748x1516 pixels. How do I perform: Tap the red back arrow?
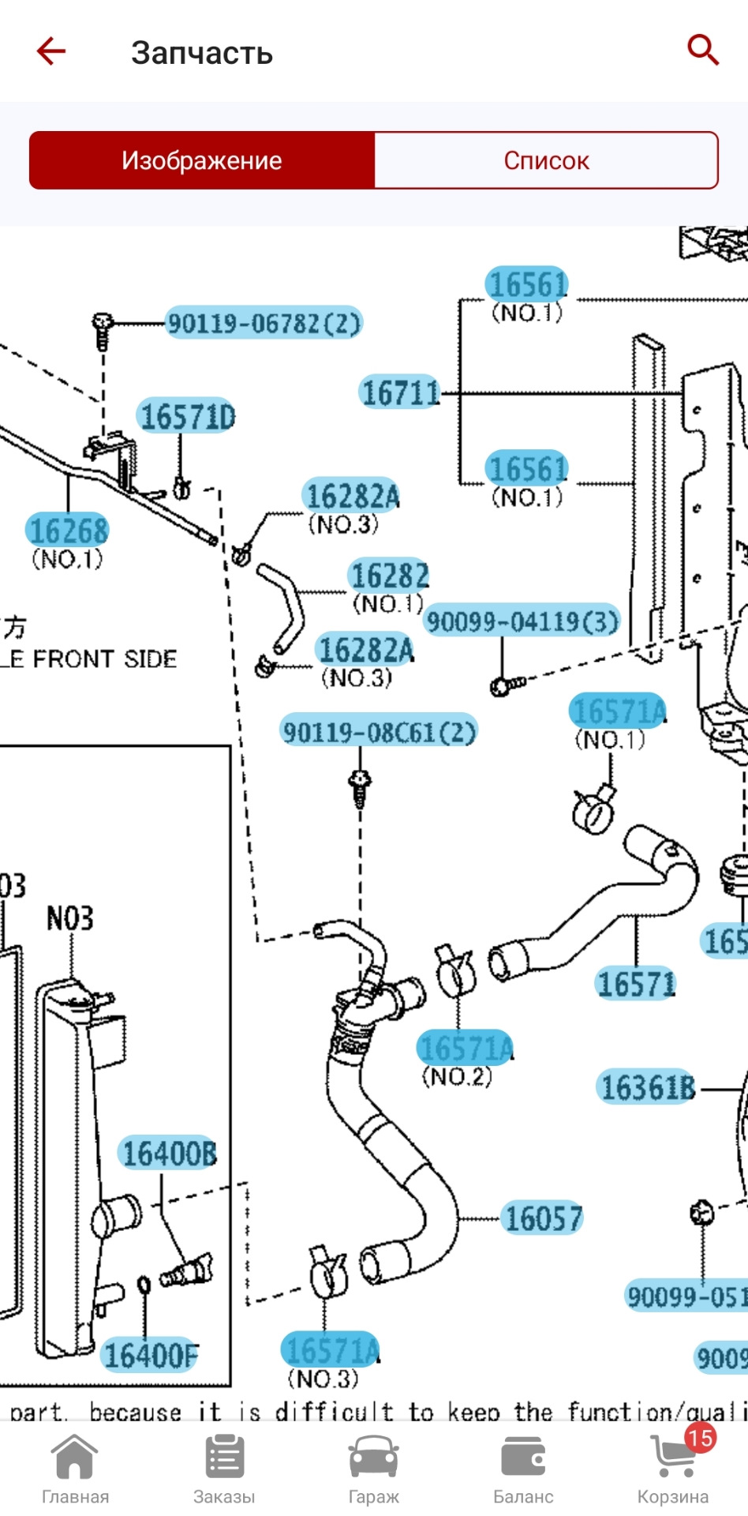point(51,51)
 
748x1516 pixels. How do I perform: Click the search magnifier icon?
point(702,50)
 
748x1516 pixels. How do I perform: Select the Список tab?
point(546,160)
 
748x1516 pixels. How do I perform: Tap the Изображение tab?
point(202,160)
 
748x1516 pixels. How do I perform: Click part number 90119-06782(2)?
point(264,323)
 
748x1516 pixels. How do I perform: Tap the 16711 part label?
point(400,392)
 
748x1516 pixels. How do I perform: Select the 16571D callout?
point(187,416)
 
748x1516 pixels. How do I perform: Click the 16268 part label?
point(68,530)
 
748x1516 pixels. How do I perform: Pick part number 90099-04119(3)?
point(522,621)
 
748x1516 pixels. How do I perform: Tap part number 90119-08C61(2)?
point(380,732)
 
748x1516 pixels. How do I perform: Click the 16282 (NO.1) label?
point(390,576)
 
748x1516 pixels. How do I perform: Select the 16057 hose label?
point(543,1218)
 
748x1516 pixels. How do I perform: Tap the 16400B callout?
point(169,1154)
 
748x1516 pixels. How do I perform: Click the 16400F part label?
point(151,1355)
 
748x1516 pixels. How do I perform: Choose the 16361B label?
point(647,1087)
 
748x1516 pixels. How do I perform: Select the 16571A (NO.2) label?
point(466,1048)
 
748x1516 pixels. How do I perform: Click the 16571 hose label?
point(636,984)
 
